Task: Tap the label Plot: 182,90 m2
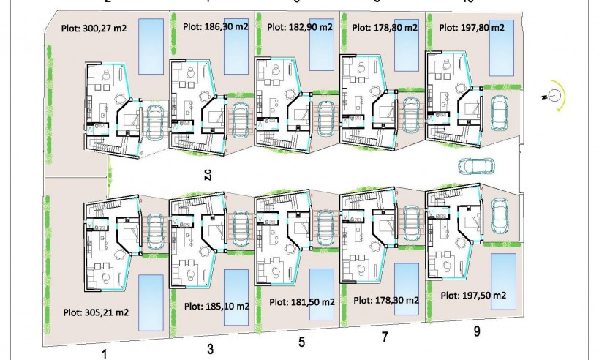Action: point(300,28)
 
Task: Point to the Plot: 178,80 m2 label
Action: point(385,28)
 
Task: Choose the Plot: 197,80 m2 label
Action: point(472,27)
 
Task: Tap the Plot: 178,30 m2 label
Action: point(385,300)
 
